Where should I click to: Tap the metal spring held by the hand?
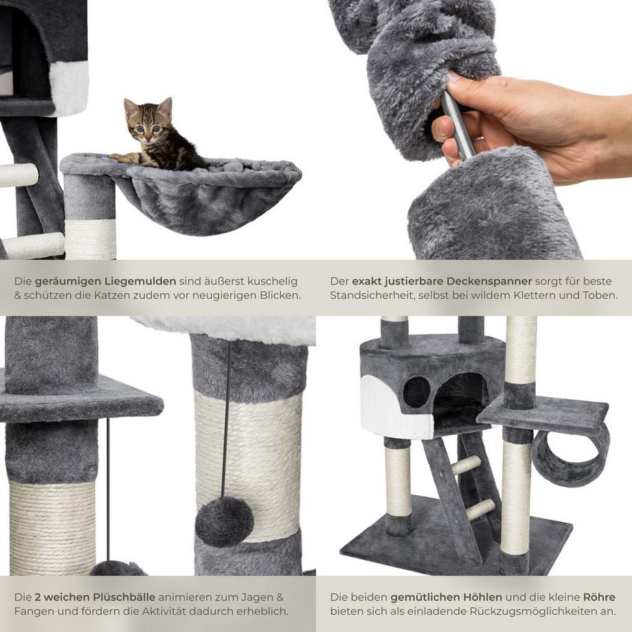[x=456, y=124]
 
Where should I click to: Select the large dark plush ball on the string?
[x=224, y=521]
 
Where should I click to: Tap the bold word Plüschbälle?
[x=124, y=597]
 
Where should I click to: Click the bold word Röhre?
[x=599, y=597]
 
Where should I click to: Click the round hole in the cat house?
[x=416, y=392]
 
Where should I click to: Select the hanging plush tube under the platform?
[x=570, y=458]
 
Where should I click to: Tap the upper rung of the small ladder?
[x=466, y=465]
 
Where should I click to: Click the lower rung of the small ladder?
[x=479, y=510]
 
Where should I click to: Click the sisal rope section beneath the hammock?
[x=90, y=240]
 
